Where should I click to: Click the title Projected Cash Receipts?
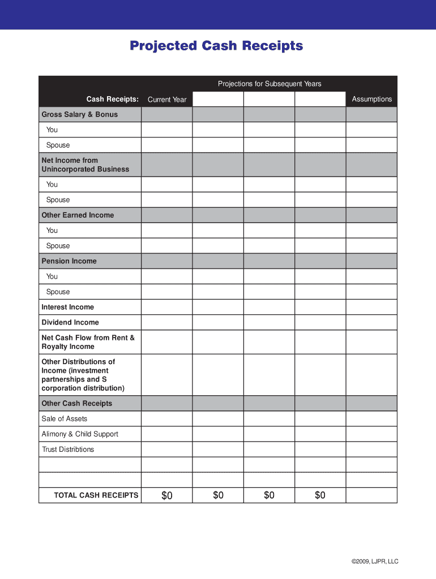tap(216, 46)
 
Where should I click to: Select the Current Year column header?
tap(167, 100)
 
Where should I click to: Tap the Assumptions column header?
tap(371, 99)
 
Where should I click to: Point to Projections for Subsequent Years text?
tap(270, 84)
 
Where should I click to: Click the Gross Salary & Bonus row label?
tap(80, 114)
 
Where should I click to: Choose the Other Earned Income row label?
tap(78, 215)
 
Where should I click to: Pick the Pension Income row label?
tap(69, 261)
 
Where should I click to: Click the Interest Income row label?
tap(68, 307)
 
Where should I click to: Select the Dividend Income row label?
tap(70, 322)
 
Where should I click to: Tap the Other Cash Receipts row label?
tap(77, 403)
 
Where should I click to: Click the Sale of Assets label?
tap(65, 418)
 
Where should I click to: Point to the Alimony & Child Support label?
tap(80, 434)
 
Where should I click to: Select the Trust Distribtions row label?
tap(68, 450)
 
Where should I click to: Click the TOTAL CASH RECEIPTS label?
tap(96, 495)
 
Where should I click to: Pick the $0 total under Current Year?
tap(166, 495)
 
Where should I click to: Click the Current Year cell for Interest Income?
tap(166, 307)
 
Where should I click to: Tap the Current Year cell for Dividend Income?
tap(166, 322)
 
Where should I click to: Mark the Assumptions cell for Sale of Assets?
tap(371, 418)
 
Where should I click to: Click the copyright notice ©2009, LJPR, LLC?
tap(375, 561)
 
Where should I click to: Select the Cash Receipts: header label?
tap(112, 100)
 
